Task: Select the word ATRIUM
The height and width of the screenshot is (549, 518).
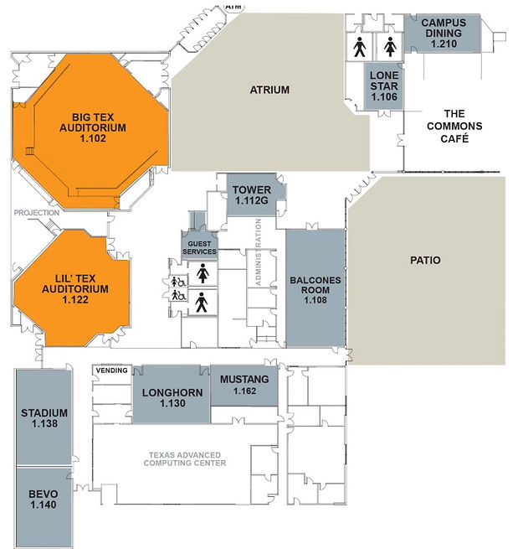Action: [269, 90]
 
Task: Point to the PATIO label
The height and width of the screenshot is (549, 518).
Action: [425, 261]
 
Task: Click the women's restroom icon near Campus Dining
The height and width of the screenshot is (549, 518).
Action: [389, 48]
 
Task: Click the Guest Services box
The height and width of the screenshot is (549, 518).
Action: [199, 246]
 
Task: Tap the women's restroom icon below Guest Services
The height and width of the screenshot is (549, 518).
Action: [202, 273]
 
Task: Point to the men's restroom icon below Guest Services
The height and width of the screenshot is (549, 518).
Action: [202, 303]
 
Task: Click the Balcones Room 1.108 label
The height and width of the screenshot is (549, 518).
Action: [315, 288]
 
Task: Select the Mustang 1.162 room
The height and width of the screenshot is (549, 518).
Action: [244, 385]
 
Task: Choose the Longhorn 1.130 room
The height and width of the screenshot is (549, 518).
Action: [167, 397]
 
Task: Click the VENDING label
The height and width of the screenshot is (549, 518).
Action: [111, 370]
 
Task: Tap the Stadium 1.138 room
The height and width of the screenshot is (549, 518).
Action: [45, 418]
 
